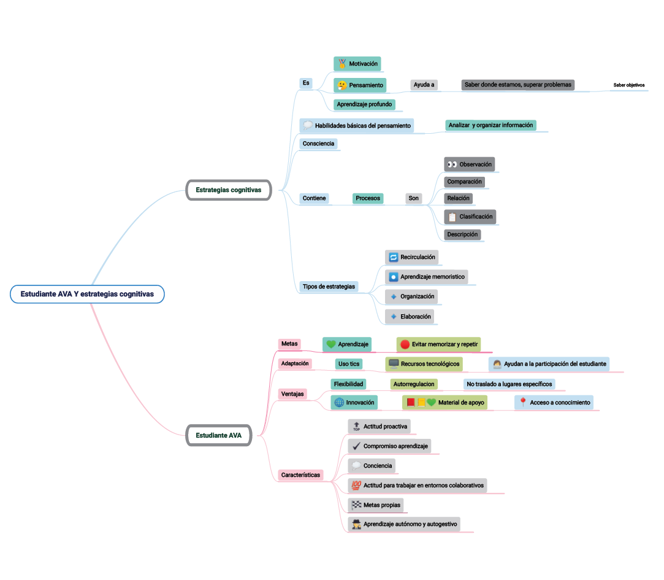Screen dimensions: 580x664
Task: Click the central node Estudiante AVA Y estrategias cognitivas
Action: coord(87,295)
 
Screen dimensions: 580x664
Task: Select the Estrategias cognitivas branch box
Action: coord(228,190)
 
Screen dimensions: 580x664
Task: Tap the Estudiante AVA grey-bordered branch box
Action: coord(219,436)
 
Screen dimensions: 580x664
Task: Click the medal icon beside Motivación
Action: coord(342,64)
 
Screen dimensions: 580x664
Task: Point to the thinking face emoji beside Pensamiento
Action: coord(342,85)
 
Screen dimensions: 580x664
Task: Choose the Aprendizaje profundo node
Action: coord(364,104)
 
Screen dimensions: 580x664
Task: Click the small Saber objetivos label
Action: coord(629,85)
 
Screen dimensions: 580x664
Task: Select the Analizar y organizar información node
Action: coord(490,125)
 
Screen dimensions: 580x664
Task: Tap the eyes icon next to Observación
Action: coord(452,164)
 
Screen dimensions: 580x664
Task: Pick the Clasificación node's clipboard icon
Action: coord(452,217)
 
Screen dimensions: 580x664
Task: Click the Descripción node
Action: coord(462,234)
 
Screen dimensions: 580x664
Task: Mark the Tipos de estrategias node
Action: coord(329,287)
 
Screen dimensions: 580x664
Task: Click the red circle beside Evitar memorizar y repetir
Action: coord(405,345)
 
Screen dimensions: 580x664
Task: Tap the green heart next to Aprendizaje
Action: coord(331,345)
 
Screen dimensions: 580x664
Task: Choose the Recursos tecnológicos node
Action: coord(424,364)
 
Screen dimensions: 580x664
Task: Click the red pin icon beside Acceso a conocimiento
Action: coord(523,403)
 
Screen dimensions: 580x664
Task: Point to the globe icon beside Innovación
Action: coord(339,403)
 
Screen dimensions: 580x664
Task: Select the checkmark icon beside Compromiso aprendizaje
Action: coord(356,446)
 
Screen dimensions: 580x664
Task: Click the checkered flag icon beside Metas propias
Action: coord(356,506)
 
